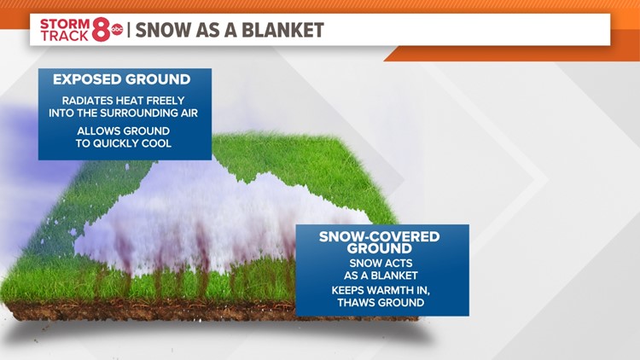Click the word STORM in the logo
[64, 23]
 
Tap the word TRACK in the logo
[62, 37]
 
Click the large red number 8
[102, 31]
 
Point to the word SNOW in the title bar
[162, 30]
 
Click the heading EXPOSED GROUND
[122, 79]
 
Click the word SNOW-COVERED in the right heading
[379, 236]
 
